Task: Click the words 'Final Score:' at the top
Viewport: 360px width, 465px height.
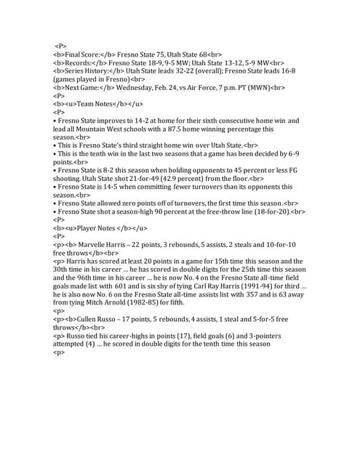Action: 83,54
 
